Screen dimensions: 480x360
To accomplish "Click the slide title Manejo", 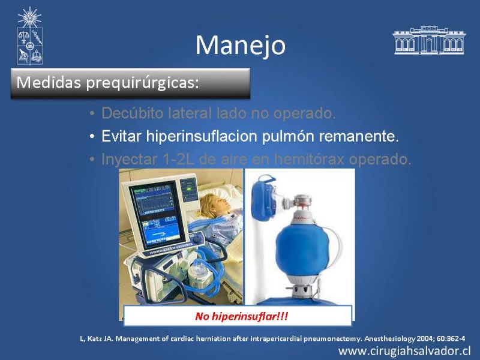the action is [x=241, y=46].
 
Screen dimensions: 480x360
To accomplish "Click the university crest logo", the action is [x=29, y=36].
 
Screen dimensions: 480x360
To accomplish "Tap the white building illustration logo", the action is [x=429, y=40].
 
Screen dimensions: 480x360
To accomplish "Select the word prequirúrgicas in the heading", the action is [x=142, y=83].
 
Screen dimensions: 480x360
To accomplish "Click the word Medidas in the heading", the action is [x=49, y=82].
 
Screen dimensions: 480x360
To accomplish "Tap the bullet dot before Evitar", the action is [x=92, y=136].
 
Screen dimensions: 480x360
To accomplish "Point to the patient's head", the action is [x=214, y=204].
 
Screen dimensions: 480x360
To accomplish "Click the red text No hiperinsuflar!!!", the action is [x=242, y=316].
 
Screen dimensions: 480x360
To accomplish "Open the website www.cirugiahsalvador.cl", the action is [x=404, y=351].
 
